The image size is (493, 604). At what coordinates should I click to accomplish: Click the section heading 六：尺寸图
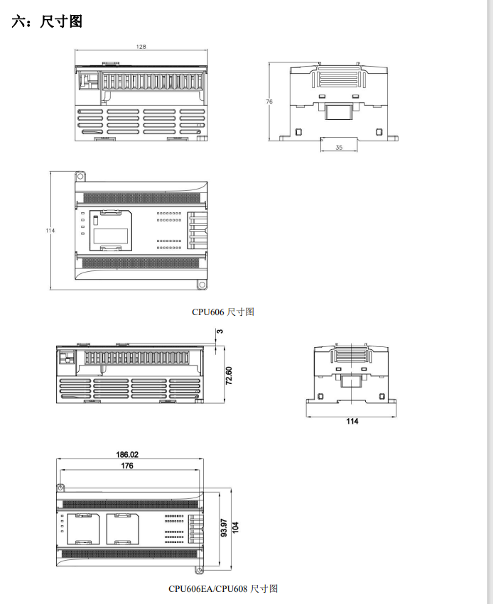click(47, 21)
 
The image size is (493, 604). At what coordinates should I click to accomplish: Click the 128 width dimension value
click(141, 47)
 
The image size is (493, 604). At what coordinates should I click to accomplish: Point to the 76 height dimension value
click(269, 101)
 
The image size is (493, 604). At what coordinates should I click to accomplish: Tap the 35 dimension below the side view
click(339, 147)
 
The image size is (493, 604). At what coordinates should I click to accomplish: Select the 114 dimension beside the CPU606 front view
click(50, 231)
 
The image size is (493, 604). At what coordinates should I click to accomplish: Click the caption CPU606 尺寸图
click(223, 312)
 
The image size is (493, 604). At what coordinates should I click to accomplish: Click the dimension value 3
click(220, 331)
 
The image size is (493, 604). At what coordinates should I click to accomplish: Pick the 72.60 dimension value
click(229, 375)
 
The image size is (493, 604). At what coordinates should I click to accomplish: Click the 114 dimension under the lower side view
click(352, 422)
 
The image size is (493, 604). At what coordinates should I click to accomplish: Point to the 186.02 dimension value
click(127, 454)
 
